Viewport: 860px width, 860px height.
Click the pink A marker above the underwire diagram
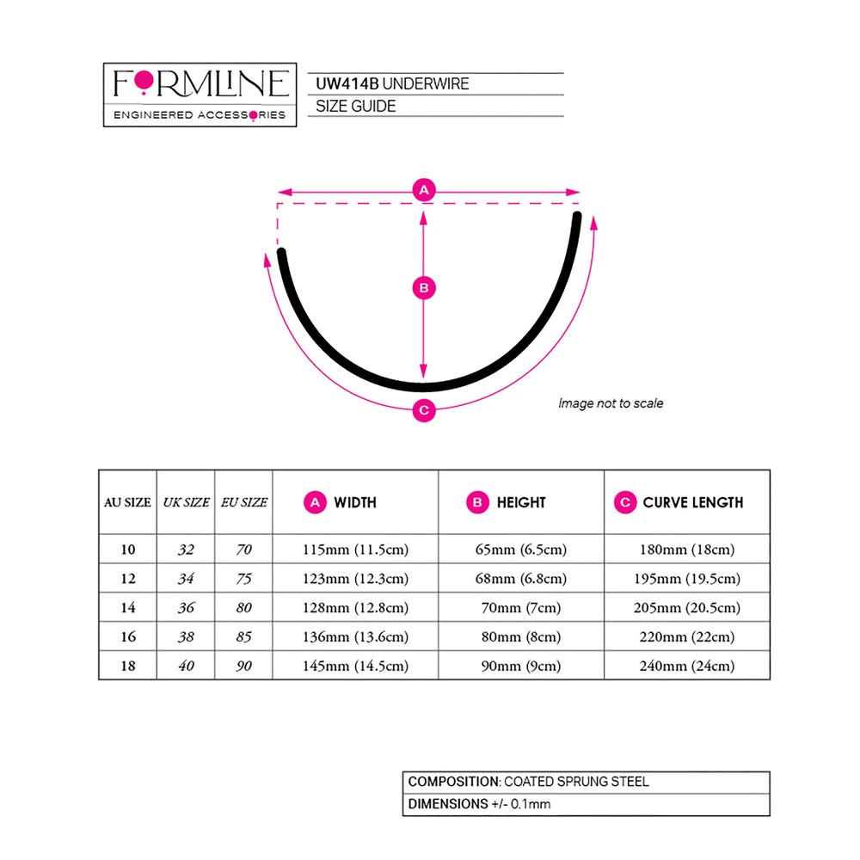point(424,190)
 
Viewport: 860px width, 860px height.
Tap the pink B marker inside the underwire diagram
point(424,288)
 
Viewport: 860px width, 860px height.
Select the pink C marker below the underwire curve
point(424,410)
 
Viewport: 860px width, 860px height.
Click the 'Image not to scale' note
point(611,403)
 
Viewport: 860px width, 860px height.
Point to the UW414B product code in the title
point(347,84)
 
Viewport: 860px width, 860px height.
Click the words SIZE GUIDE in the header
point(355,107)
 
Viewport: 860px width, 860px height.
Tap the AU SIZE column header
point(127,502)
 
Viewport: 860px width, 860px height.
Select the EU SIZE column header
point(244,502)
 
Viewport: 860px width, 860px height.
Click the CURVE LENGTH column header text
point(692,502)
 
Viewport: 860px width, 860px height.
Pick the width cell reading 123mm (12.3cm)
point(355,579)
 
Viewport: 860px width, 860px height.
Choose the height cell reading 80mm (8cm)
point(521,636)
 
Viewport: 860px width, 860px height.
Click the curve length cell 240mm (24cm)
point(686,666)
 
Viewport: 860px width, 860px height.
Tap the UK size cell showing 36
point(186,608)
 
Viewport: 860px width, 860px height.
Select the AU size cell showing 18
point(128,666)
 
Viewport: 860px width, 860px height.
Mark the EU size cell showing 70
point(244,550)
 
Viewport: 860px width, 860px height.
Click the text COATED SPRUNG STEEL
point(576,782)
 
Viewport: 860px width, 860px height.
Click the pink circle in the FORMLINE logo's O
point(144,81)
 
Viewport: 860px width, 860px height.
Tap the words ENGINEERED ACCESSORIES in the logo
point(200,115)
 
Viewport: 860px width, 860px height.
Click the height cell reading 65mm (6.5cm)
point(521,550)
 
